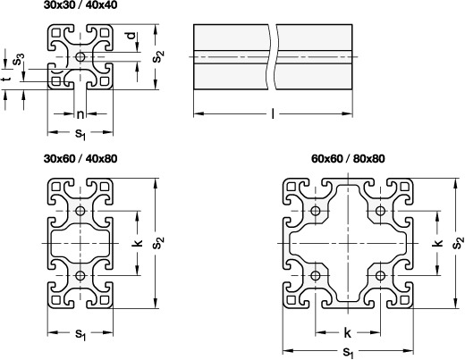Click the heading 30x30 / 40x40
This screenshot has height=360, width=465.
pos(80,4)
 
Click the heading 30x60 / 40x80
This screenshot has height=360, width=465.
pos(80,158)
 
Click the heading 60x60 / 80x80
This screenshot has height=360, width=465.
pos(348,158)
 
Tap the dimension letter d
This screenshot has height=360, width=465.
pos(131,36)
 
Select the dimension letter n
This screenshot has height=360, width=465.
pos(80,114)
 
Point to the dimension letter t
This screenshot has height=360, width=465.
pos(6,79)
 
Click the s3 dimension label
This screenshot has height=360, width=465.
pos(19,59)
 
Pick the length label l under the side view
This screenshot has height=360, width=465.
pos(273,113)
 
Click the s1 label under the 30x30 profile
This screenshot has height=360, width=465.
pos(80,133)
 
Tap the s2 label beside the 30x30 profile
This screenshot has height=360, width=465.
pos(158,56)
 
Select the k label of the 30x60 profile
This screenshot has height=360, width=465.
pos(137,243)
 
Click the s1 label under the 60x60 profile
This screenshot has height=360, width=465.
pos(348,353)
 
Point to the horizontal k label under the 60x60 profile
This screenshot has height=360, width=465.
pos(348,333)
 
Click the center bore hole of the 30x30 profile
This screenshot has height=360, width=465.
pos(80,56)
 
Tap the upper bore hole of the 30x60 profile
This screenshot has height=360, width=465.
pos(80,211)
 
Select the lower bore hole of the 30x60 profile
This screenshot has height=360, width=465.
pos(80,276)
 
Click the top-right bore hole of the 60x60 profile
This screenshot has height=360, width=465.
pos(380,211)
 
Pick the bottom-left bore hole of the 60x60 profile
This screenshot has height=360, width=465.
pos(316,276)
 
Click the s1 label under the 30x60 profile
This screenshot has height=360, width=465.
pos(80,334)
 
